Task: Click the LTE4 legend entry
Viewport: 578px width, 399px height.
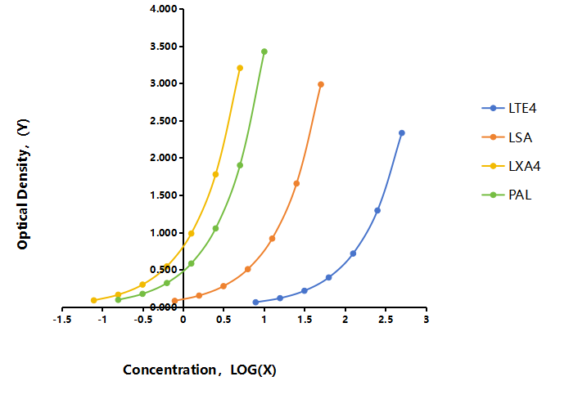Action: (508, 108)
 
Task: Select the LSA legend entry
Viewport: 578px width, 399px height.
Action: (507, 137)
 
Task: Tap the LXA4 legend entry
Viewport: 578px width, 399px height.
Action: (511, 166)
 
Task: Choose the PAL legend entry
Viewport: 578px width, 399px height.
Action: (507, 195)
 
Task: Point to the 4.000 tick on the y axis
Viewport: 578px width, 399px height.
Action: (164, 9)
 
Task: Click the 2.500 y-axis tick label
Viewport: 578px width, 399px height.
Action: (164, 121)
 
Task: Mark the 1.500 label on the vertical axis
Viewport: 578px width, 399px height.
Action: (164, 195)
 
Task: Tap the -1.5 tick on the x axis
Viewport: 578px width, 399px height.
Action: (61, 320)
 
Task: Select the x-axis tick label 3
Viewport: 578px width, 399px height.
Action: (426, 320)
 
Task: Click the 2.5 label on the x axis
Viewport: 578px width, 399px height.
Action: (386, 320)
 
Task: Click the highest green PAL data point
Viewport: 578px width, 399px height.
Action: (264, 52)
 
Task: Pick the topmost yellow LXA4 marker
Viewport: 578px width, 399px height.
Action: (240, 68)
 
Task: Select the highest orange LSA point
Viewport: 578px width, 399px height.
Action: (321, 84)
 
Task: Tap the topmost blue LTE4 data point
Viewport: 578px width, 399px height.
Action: (402, 133)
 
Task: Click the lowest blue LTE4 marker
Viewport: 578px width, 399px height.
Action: (255, 303)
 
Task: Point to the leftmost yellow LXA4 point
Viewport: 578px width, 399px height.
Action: (94, 300)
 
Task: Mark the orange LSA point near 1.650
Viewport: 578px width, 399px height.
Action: (296, 183)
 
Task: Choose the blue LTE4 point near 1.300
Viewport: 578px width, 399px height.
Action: (377, 211)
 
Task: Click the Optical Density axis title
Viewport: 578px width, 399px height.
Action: (23, 184)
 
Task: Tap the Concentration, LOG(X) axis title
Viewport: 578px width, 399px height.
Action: (200, 370)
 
